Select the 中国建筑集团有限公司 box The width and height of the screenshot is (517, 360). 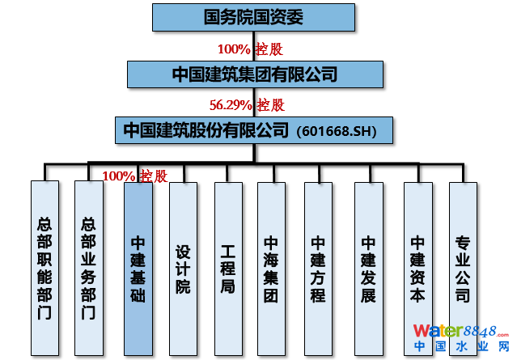click(253, 74)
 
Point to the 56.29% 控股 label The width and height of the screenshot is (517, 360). click(247, 104)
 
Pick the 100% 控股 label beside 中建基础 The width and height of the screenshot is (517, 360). click(135, 176)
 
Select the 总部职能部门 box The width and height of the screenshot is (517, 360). click(45, 267)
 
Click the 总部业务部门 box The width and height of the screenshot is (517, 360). click(89, 267)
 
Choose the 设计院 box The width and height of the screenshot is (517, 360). click(183, 267)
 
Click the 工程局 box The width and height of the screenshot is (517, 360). click(228, 267)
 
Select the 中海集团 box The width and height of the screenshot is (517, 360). click(271, 267)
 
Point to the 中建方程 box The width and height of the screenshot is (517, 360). click(318, 267)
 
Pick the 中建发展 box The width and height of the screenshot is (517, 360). click(368, 267)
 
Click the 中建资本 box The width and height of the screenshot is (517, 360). click(417, 267)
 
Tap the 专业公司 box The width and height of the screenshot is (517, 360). click(463, 267)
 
